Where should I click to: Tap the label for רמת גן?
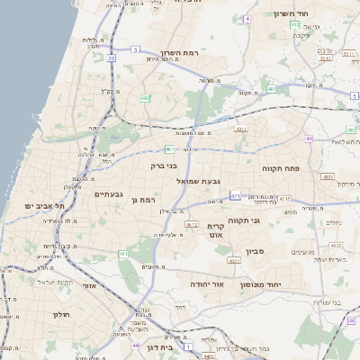[x=143, y=200]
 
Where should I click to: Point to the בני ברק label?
[x=163, y=166]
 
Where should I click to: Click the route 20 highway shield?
[x=112, y=58]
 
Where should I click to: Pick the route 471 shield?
[x=234, y=195]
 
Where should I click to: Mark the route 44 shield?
[x=134, y=345]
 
